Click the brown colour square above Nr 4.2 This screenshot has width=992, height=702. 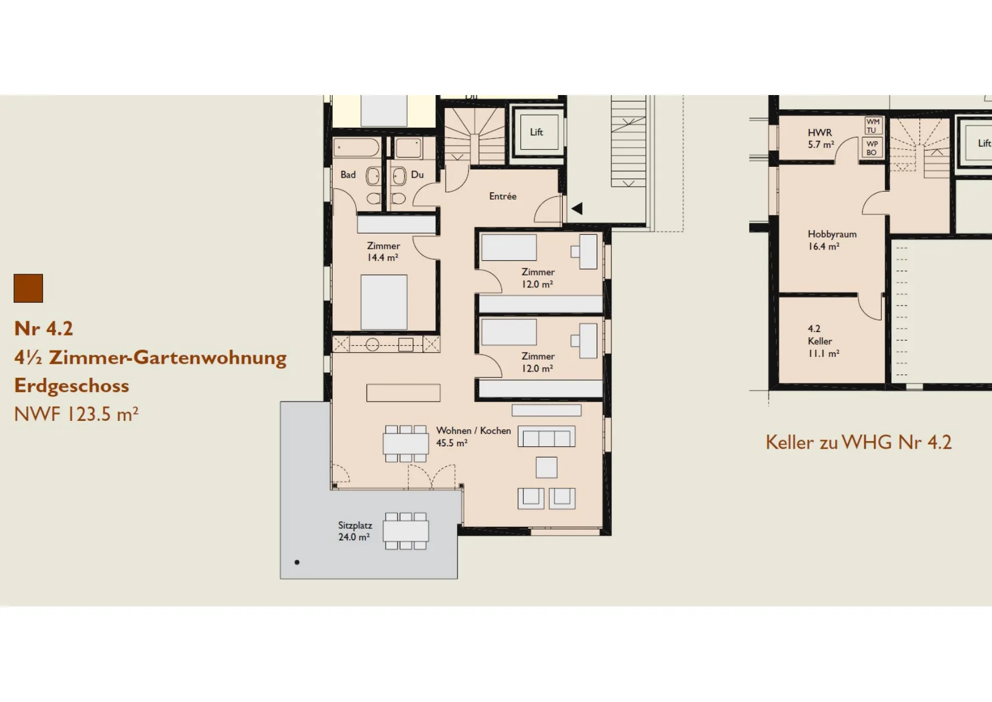(x=28, y=288)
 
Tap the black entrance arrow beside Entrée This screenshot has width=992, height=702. (x=577, y=209)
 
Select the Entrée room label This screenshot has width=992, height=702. (x=503, y=196)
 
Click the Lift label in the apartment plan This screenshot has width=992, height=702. (x=536, y=132)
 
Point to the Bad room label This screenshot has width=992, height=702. (x=348, y=175)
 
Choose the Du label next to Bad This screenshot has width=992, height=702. (x=417, y=175)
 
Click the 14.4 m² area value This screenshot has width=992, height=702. (x=383, y=257)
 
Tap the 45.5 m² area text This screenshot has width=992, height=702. (x=452, y=443)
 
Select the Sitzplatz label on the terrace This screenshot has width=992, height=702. (x=355, y=526)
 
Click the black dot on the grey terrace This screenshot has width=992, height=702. (x=297, y=562)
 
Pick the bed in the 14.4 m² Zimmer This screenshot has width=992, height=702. (x=384, y=302)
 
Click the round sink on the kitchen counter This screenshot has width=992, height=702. (x=372, y=344)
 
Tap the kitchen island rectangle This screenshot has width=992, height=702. (x=403, y=393)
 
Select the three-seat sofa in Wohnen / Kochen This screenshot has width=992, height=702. (x=546, y=437)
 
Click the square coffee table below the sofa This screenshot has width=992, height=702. (x=546, y=468)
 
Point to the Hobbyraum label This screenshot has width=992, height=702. (x=832, y=234)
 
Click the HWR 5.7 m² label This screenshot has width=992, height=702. (x=821, y=139)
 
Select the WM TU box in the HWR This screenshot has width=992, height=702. (x=873, y=126)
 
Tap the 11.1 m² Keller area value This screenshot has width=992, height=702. (x=823, y=354)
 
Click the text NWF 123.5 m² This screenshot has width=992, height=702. (x=76, y=414)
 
